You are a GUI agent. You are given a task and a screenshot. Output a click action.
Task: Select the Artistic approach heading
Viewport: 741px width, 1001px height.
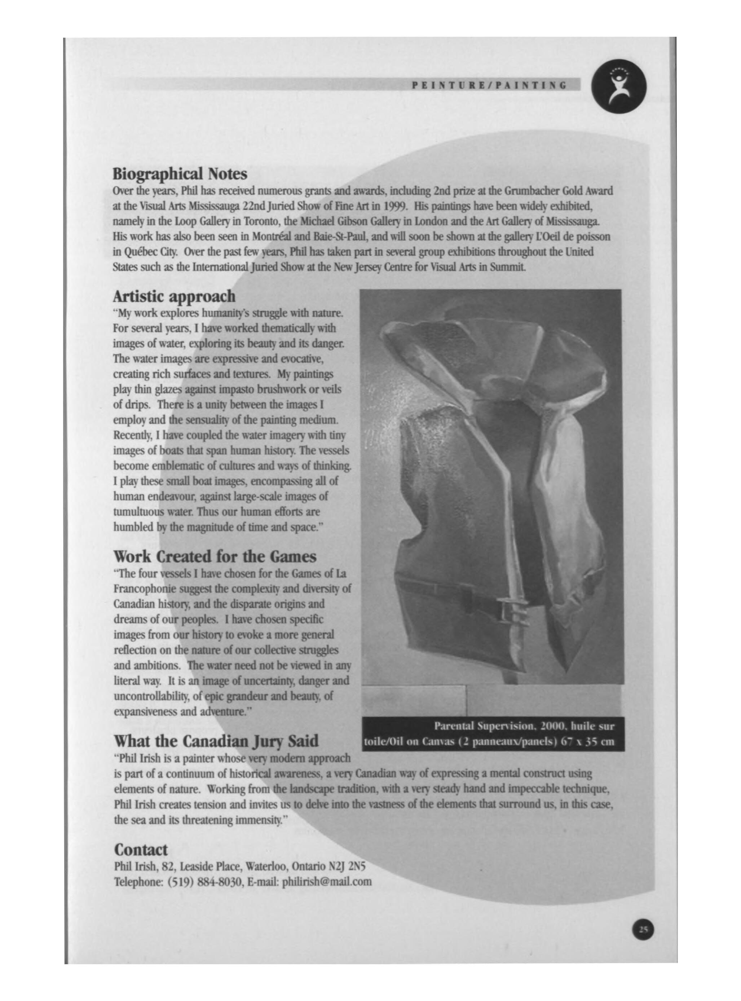(x=174, y=296)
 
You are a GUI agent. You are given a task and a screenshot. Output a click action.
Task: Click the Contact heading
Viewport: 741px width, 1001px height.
(x=141, y=850)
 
